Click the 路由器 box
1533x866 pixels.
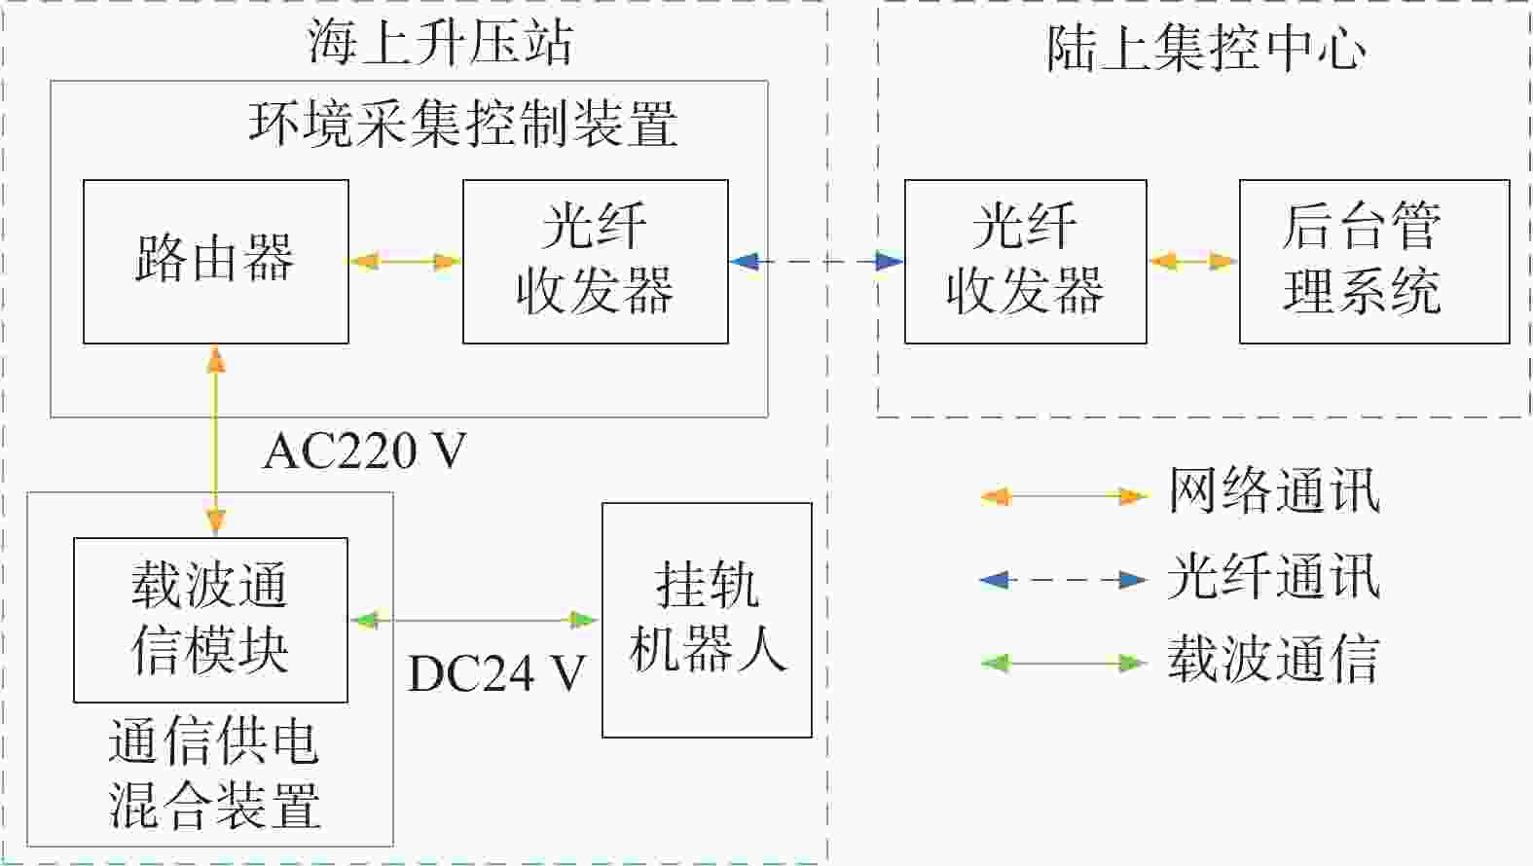point(215,262)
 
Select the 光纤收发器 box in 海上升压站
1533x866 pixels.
point(596,262)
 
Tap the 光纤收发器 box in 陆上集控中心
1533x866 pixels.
point(1025,262)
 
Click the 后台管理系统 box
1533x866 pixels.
point(1374,262)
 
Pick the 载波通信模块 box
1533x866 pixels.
point(211,620)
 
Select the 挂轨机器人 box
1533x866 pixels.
point(707,620)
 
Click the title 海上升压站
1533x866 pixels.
point(440,43)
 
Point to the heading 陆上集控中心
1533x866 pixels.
point(1206,49)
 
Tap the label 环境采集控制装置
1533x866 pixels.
point(463,124)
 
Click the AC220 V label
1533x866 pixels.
point(365,451)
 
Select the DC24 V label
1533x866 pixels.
point(496,673)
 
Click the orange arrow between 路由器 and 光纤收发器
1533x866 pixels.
point(406,262)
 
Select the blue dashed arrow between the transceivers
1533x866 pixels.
point(817,261)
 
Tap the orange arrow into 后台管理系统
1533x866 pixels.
point(1193,262)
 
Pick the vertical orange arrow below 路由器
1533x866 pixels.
point(215,441)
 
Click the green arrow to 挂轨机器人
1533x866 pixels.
point(475,621)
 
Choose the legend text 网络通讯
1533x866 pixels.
point(1274,490)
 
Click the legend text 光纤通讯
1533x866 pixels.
point(1274,576)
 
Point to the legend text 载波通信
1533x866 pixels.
point(1274,658)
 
